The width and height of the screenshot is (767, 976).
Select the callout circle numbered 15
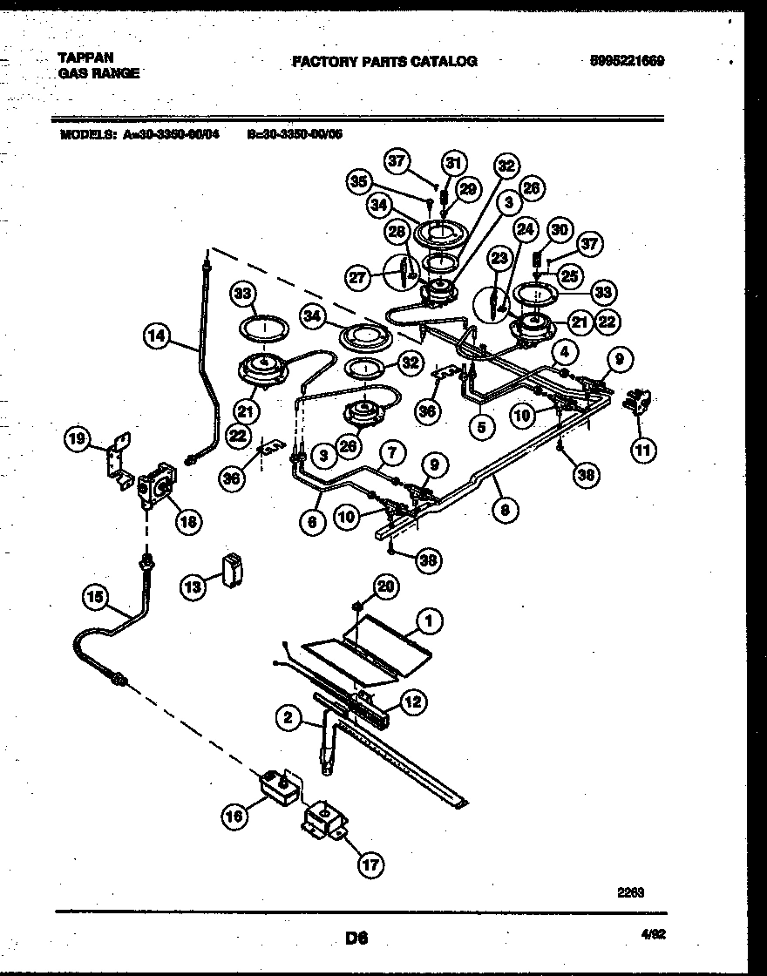pyautogui.click(x=97, y=597)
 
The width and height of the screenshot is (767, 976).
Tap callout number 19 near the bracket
pyautogui.click(x=78, y=441)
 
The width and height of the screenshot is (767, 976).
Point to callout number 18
pyautogui.click(x=188, y=521)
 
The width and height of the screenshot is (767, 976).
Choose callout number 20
pyautogui.click(x=384, y=587)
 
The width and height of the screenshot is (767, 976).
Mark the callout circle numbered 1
pyautogui.click(x=427, y=621)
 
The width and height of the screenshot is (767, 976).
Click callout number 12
pyautogui.click(x=414, y=701)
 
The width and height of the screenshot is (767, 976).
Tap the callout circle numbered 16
pyautogui.click(x=234, y=817)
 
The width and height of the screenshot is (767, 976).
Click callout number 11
pyautogui.click(x=643, y=450)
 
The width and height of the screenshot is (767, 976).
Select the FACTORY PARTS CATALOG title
pyautogui.click(x=383, y=61)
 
